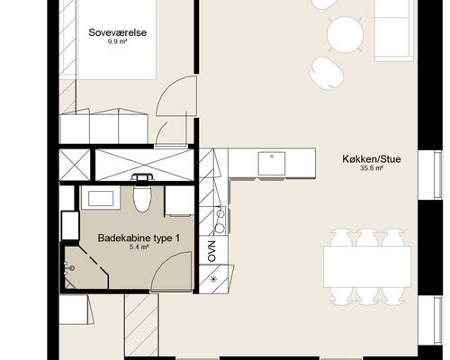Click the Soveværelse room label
[118, 32]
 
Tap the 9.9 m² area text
[118, 41]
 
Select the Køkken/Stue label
[372, 159]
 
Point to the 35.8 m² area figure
[372, 168]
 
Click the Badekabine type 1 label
[139, 238]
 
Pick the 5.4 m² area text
[139, 247]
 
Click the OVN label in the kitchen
[212, 251]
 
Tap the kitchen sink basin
[272, 164]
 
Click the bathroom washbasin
[101, 198]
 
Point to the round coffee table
[345, 35]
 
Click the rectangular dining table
[367, 266]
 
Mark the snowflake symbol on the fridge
[213, 279]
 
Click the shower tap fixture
[70, 268]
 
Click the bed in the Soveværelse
[117, 39]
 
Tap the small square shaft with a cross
[75, 165]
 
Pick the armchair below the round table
[327, 74]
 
